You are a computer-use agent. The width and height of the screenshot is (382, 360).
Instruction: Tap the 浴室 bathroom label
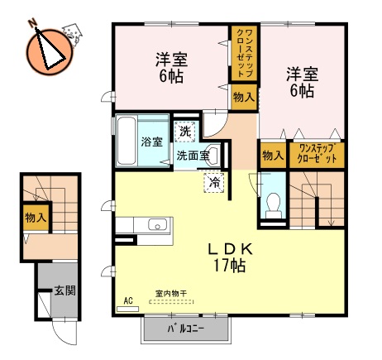click(150, 142)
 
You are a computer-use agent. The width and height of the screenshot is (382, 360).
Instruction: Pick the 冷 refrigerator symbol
click(213, 181)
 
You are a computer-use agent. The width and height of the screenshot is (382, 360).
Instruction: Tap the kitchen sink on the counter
click(157, 224)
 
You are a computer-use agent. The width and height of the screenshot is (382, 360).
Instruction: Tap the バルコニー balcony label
click(184, 329)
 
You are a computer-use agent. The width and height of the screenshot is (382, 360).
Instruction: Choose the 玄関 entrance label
click(64, 291)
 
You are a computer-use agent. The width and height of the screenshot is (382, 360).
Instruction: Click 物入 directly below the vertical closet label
click(243, 98)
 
